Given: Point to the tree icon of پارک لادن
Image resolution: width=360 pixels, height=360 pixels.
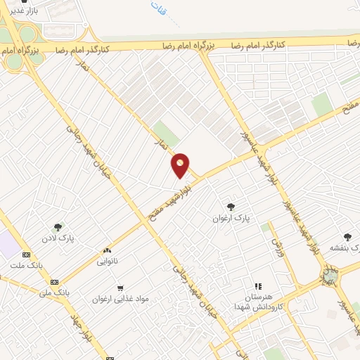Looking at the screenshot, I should click(x=58, y=226).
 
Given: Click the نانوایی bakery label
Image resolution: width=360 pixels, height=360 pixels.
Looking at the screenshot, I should click(x=108, y=261).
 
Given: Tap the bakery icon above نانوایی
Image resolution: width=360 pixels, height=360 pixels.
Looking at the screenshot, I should click(x=108, y=250).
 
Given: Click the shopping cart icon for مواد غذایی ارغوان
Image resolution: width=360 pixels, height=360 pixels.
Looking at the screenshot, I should click(x=120, y=287).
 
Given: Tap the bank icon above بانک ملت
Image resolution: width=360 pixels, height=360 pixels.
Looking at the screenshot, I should click(x=27, y=255).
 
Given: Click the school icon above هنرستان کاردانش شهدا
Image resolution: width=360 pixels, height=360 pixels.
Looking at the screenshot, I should click(x=257, y=286).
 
